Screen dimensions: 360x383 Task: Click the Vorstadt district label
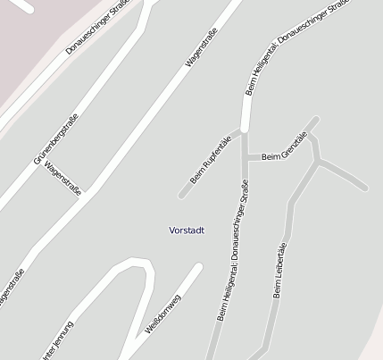(187, 230)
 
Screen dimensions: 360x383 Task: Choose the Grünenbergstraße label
(55, 138)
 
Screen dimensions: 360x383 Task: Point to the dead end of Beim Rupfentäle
(182, 194)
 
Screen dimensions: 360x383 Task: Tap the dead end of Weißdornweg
(198, 266)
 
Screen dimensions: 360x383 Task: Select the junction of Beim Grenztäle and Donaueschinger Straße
(246, 159)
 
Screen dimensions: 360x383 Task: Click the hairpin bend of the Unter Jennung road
(136, 262)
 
